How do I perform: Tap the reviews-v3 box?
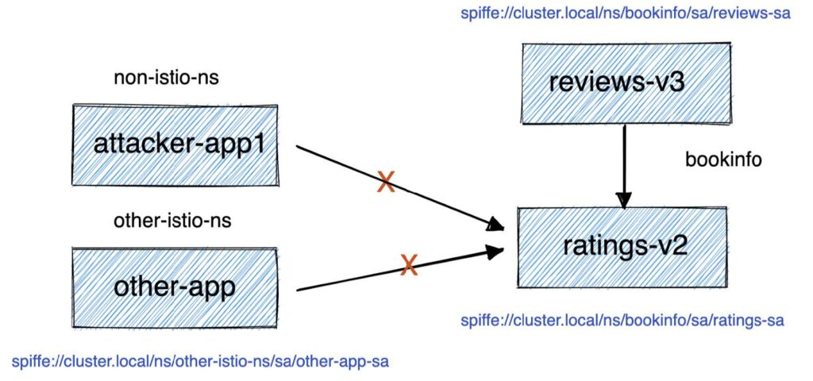(626, 82)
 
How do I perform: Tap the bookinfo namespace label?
(723, 160)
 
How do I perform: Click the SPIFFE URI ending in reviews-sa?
(625, 13)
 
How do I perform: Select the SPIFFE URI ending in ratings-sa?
(622, 321)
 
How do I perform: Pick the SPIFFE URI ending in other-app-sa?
(200, 362)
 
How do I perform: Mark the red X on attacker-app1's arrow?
(386, 183)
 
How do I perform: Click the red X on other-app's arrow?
(409, 265)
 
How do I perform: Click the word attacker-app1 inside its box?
(175, 144)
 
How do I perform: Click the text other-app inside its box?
(175, 287)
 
